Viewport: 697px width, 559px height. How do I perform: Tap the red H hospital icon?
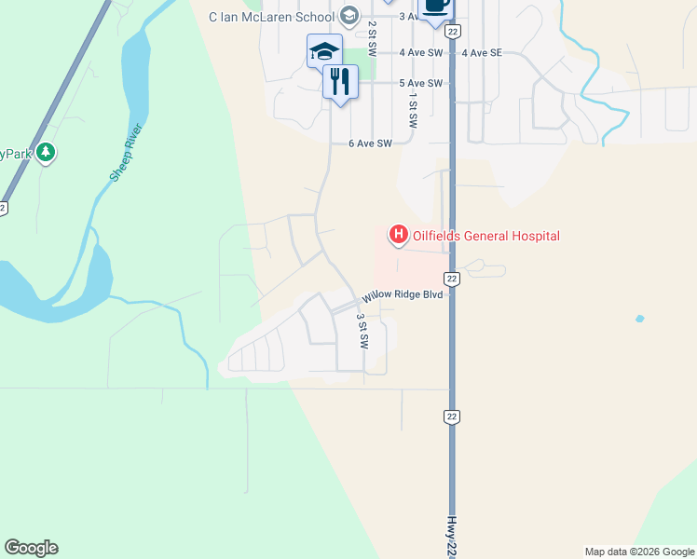398,234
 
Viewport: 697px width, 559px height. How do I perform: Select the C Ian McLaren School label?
271,17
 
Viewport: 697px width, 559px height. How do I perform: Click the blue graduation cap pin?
324,51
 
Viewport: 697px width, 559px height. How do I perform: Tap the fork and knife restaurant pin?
340,81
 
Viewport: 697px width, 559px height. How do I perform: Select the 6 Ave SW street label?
370,143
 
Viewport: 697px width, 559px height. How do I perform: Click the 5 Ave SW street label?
420,83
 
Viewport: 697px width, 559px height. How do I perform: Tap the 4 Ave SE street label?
481,53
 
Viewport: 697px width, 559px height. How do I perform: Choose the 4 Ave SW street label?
420,53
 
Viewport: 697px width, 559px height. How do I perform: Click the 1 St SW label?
412,110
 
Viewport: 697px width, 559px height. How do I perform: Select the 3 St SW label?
362,331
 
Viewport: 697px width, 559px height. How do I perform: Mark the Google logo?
31,548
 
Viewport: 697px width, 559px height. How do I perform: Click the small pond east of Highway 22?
638,320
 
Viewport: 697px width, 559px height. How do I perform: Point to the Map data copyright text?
639,552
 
